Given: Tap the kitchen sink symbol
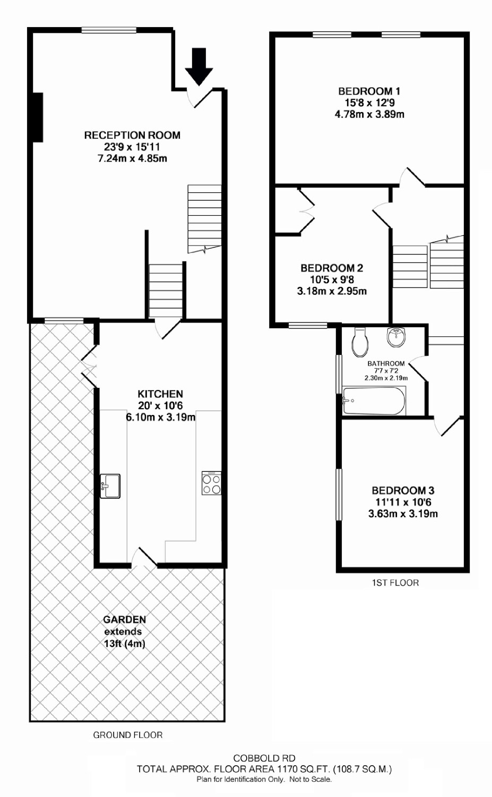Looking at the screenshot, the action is [110, 486].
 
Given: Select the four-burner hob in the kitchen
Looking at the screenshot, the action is [211, 483].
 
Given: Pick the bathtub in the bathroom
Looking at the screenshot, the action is [374, 401].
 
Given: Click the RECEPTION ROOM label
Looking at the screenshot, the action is [132, 135].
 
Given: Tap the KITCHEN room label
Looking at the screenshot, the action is [160, 394].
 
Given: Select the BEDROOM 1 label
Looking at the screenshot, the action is [369, 91].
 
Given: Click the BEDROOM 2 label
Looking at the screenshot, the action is [332, 268].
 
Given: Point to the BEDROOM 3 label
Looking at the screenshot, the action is [403, 490].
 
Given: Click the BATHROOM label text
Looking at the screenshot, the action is [386, 363].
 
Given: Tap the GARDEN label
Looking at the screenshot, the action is [124, 620].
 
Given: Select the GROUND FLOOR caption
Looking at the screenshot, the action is [127, 735].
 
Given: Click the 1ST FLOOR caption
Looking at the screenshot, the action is [395, 583].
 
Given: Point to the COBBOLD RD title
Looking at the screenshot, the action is [264, 758].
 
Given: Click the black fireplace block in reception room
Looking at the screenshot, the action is [38, 117].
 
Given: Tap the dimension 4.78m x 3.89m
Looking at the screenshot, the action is [369, 115].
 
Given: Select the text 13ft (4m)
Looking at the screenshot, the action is [124, 643].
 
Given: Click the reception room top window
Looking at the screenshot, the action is [109, 30].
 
